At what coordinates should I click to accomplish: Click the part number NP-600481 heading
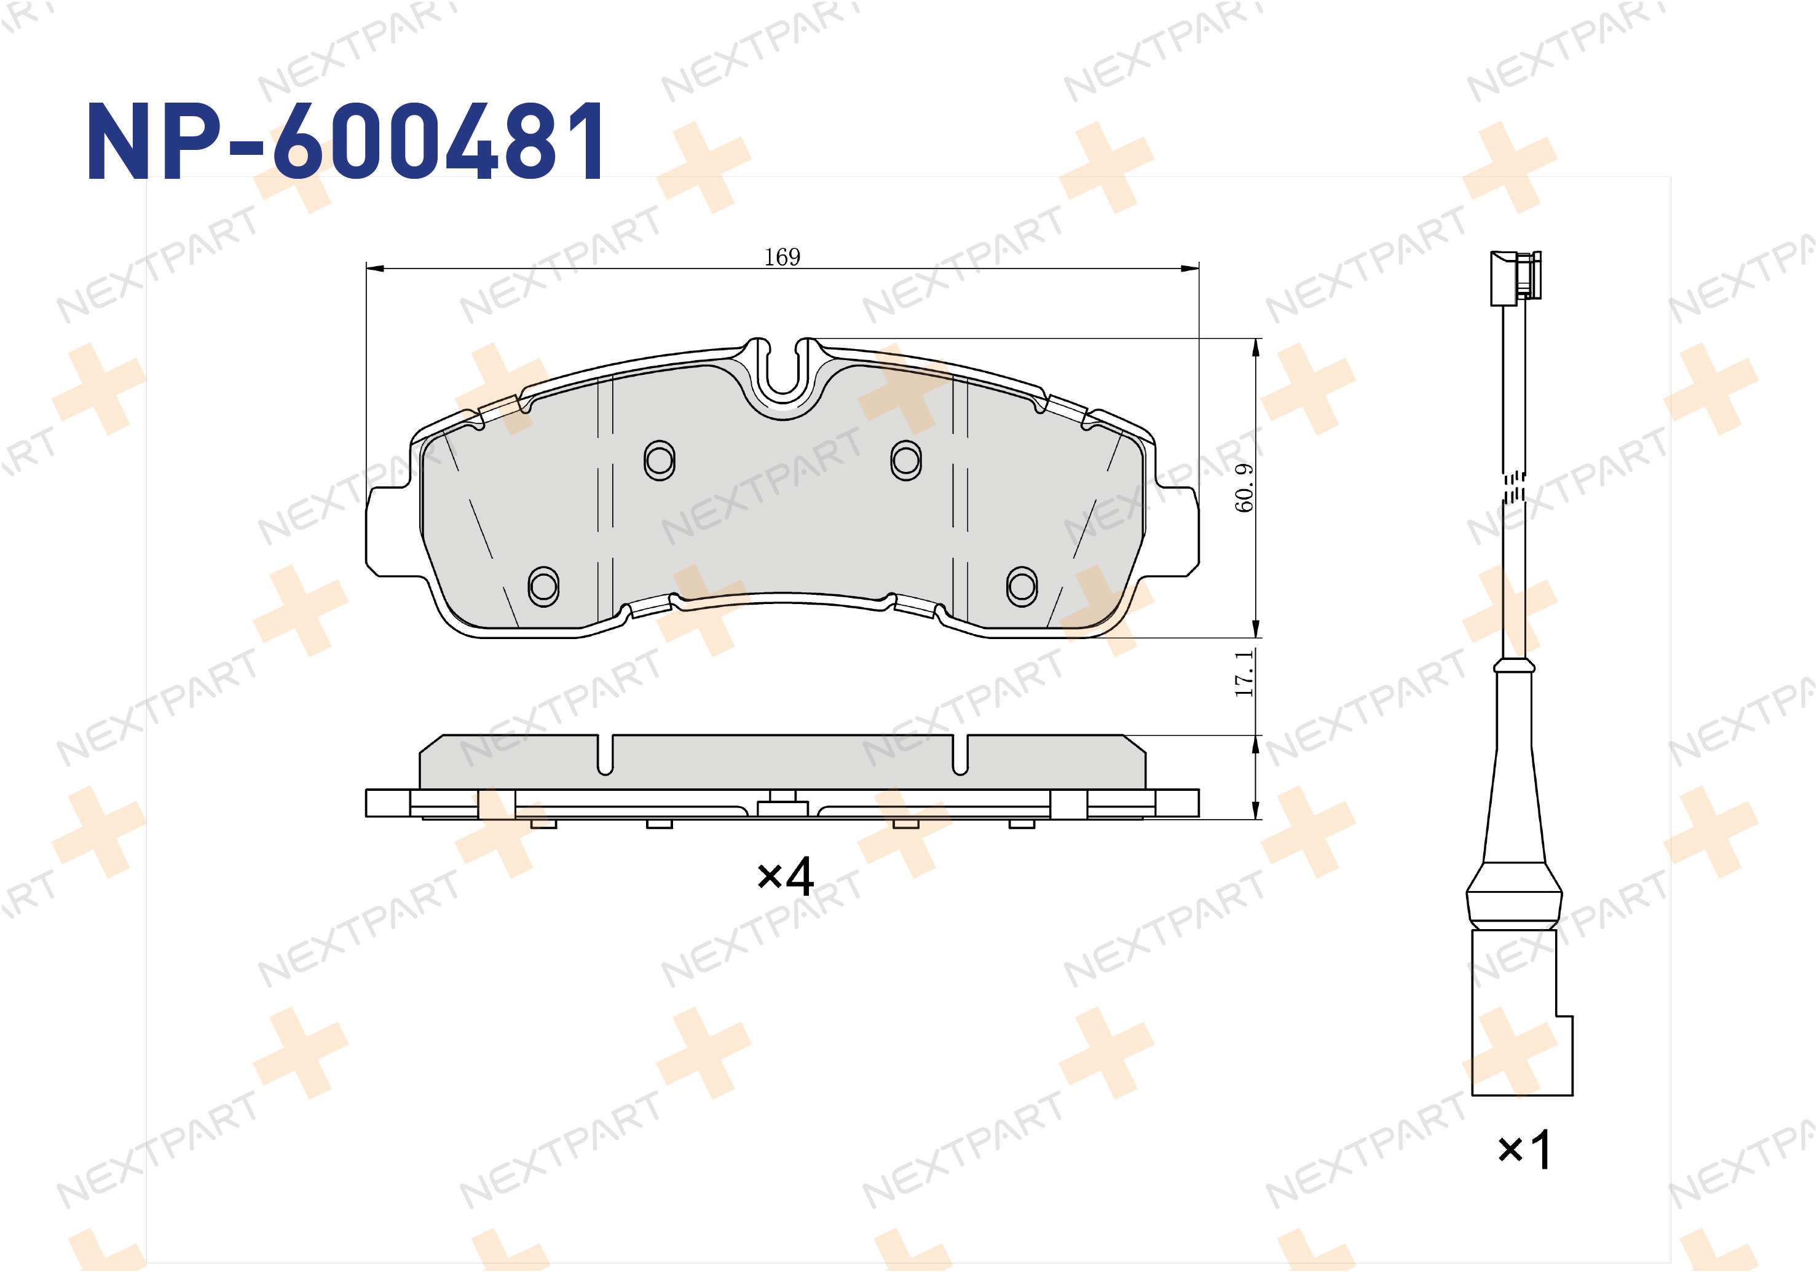pyautogui.click(x=346, y=141)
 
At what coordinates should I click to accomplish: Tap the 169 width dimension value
pyautogui.click(x=782, y=257)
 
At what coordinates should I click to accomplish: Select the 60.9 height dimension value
pyautogui.click(x=1245, y=487)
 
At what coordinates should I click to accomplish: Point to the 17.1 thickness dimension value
pyautogui.click(x=1245, y=673)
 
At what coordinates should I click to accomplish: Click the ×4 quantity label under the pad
pyautogui.click(x=785, y=876)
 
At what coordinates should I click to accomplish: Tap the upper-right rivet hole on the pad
pyautogui.click(x=906, y=460)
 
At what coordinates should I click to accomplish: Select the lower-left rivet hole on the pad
pyautogui.click(x=543, y=586)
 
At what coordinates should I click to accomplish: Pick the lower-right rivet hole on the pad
pyautogui.click(x=1022, y=586)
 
